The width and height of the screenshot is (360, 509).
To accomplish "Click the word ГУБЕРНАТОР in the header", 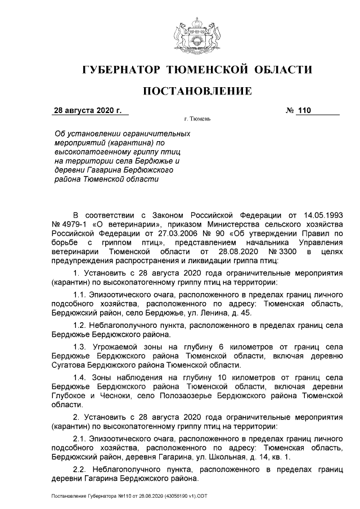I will click(x=120, y=70).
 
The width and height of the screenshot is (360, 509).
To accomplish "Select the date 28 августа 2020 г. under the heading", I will click(x=87, y=111).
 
